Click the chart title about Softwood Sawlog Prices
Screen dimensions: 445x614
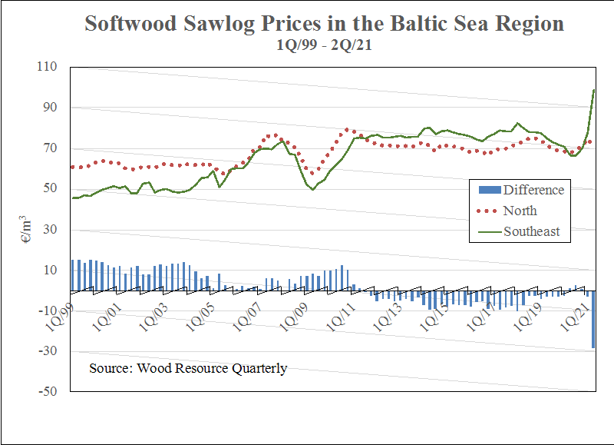324,23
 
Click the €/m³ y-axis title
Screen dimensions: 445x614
25,227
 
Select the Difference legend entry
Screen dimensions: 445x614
533,190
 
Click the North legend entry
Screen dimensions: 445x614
520,211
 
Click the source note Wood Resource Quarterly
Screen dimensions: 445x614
188,368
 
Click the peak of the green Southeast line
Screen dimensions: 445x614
595,90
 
